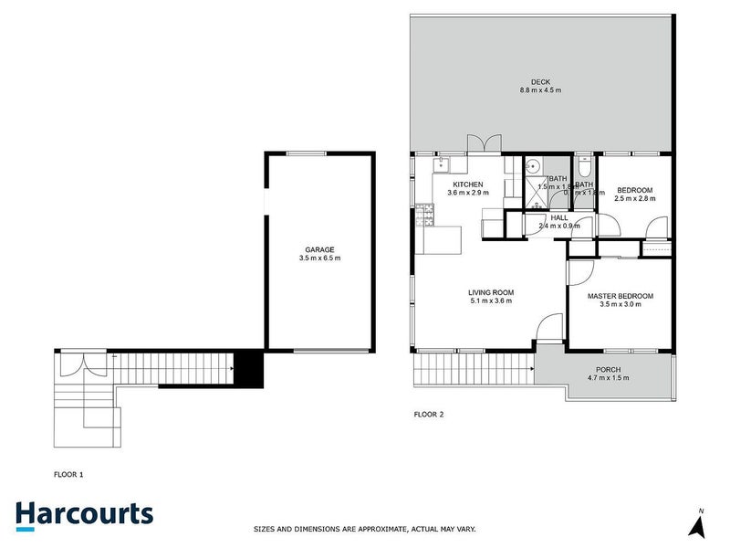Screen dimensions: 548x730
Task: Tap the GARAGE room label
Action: tap(319, 249)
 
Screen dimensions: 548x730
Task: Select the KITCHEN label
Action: tap(464, 184)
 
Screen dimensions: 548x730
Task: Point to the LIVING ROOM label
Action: tap(490, 292)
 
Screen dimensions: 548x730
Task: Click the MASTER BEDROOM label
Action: tap(620, 296)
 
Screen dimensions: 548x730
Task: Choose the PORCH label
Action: tap(609, 369)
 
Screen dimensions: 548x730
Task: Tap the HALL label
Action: tap(558, 217)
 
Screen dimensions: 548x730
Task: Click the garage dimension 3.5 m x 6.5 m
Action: tap(319, 258)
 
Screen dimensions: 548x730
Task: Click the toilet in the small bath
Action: tap(585, 168)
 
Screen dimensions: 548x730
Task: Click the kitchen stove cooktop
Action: tap(424, 216)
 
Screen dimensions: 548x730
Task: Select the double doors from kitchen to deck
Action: tap(484, 145)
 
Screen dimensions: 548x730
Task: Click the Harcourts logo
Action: tap(84, 513)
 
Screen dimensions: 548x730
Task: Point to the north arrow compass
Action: tap(699, 523)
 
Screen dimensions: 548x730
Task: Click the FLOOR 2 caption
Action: tap(429, 415)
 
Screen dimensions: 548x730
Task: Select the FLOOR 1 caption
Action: tap(69, 475)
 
